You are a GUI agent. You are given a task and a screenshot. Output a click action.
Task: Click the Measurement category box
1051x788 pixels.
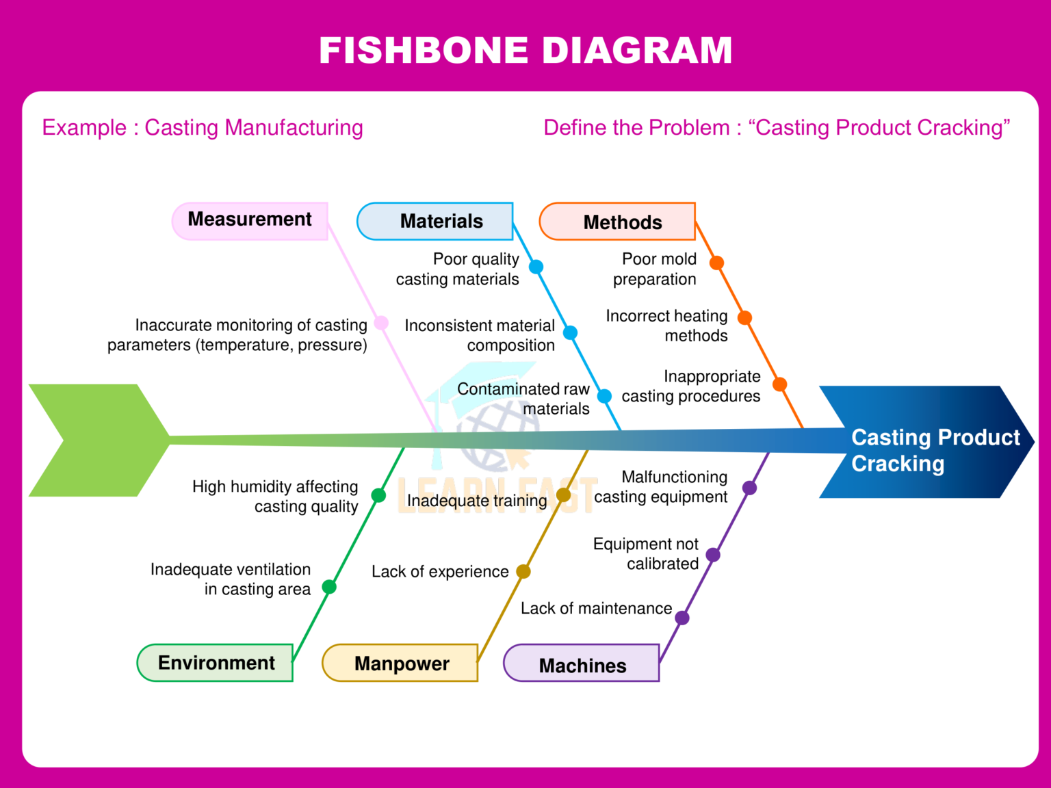(x=250, y=220)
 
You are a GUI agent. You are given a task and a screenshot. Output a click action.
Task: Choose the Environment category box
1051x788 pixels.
(x=216, y=663)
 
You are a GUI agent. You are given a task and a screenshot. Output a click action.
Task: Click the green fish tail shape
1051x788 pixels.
(x=96, y=441)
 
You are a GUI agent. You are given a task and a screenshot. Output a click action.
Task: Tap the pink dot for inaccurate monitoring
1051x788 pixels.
(x=381, y=323)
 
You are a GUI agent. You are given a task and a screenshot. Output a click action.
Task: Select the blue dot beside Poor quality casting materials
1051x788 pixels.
(x=536, y=267)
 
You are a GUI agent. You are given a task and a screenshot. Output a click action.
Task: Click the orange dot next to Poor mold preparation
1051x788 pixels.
(x=716, y=263)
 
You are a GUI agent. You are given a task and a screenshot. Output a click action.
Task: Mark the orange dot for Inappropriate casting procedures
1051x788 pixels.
(x=779, y=384)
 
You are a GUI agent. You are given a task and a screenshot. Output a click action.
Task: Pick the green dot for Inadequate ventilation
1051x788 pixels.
(x=329, y=587)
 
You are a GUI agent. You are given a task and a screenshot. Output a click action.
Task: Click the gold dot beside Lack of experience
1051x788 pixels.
(x=523, y=571)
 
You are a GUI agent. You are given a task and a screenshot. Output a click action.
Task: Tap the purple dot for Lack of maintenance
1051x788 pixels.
(x=682, y=618)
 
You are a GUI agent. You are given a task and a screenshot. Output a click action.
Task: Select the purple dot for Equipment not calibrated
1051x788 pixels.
(x=713, y=555)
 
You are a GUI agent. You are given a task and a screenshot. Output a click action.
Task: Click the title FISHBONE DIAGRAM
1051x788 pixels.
(x=525, y=51)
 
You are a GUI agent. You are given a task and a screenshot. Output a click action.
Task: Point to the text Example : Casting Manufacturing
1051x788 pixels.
(x=203, y=128)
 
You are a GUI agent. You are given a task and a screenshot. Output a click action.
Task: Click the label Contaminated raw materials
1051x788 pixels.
(x=523, y=399)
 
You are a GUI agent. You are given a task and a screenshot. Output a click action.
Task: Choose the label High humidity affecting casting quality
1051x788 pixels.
(x=275, y=497)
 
